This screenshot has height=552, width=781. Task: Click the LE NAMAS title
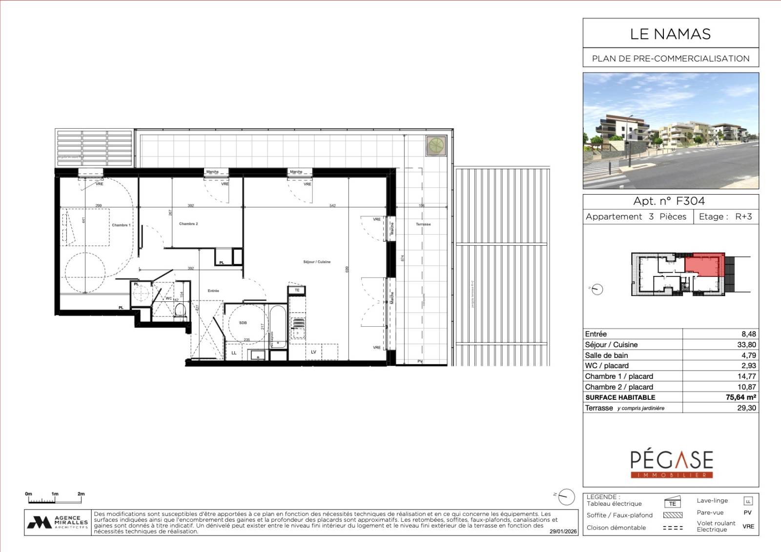pyautogui.click(x=670, y=34)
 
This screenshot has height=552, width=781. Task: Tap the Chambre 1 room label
pyautogui.click(x=121, y=225)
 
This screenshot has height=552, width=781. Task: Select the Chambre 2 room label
pyautogui.click(x=188, y=224)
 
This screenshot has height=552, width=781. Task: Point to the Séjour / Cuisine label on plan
pyautogui.click(x=317, y=262)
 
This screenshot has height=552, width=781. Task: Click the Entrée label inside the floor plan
pyautogui.click(x=213, y=291)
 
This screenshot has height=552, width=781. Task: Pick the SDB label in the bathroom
pyautogui.click(x=243, y=323)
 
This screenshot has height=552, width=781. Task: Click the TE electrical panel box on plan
pyautogui.click(x=297, y=290)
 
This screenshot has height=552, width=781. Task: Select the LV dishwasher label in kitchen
pyautogui.click(x=313, y=352)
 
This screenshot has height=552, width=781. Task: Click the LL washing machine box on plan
pyautogui.click(x=234, y=353)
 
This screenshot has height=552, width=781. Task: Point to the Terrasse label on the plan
pyautogui.click(x=423, y=224)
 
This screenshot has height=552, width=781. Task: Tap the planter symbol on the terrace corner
pyautogui.click(x=435, y=145)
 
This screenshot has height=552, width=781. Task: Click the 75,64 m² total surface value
pyautogui.click(x=740, y=397)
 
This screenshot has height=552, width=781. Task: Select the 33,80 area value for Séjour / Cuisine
pyautogui.click(x=746, y=345)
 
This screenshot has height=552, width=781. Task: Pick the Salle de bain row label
pyautogui.click(x=607, y=355)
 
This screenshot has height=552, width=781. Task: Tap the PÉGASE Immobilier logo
pyautogui.click(x=671, y=464)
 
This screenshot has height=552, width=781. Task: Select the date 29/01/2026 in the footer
pyautogui.click(x=563, y=532)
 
